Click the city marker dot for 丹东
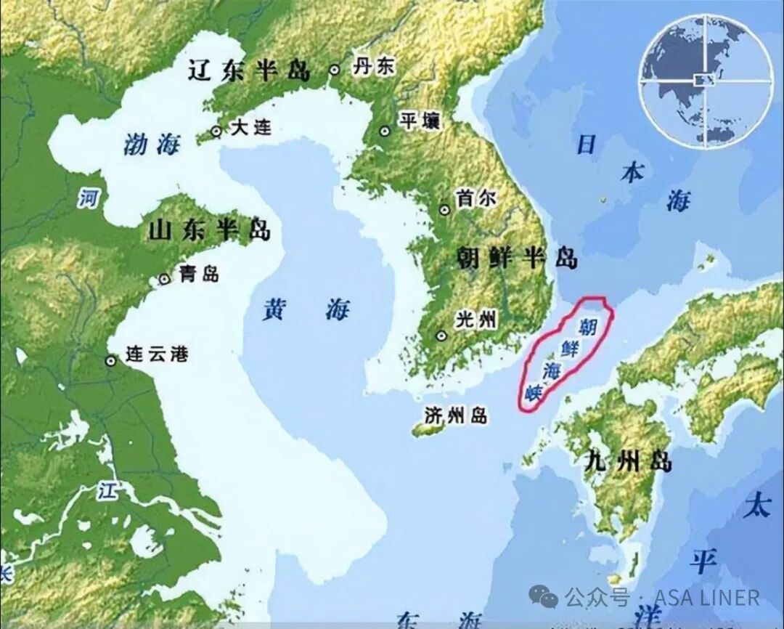point(335,70)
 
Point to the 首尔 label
point(476,198)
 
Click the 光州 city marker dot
point(441,336)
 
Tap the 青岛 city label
point(199,274)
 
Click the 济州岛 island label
point(457,415)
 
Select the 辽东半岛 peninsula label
point(249,70)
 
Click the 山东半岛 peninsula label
point(209,230)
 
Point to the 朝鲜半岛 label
point(517,257)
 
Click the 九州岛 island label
point(628,460)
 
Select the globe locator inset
point(706,80)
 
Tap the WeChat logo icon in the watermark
point(544,596)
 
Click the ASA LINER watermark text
point(707,597)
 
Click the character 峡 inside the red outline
point(536,392)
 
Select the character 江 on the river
point(107,492)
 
